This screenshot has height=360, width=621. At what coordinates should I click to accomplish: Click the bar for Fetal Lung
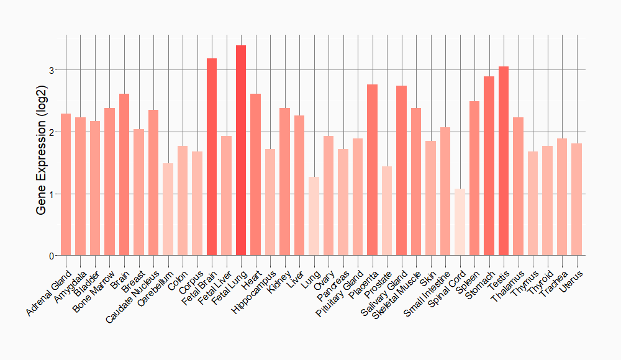click(x=241, y=150)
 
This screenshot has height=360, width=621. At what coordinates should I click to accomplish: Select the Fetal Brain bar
click(x=212, y=157)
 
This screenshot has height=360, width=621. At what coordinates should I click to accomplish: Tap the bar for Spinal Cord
click(x=460, y=222)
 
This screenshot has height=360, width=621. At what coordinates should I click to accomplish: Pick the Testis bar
click(x=504, y=161)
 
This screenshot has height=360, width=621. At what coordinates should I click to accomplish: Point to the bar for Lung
click(x=314, y=216)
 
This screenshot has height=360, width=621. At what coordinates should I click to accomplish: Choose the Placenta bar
click(x=372, y=170)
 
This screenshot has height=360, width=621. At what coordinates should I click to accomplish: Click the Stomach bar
click(x=489, y=166)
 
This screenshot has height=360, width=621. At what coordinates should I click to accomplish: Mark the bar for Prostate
click(x=387, y=211)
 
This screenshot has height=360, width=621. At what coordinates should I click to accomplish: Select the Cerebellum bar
click(x=168, y=209)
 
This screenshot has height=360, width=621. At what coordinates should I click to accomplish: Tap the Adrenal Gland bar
click(x=66, y=184)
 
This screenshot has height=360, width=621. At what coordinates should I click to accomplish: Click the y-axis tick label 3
click(x=53, y=70)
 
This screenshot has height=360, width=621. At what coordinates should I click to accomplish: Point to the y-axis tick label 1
click(x=53, y=194)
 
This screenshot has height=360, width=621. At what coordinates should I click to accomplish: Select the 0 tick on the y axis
click(x=53, y=256)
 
